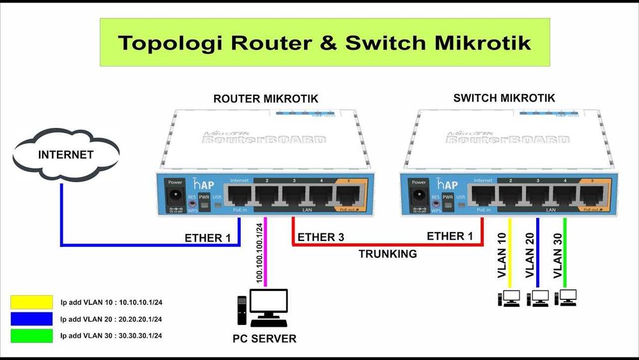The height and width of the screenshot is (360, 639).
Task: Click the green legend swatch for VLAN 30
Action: [31, 335]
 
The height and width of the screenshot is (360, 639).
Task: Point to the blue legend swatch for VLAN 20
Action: [31, 318]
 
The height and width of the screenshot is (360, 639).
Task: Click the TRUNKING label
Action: [387, 254]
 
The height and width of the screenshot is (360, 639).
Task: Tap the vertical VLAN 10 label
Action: [502, 255]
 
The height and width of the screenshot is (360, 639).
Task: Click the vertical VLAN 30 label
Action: [558, 255]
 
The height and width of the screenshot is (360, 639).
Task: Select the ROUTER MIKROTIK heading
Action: [265, 99]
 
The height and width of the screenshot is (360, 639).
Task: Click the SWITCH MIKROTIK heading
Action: [504, 98]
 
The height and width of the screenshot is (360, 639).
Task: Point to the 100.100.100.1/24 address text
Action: [259, 253]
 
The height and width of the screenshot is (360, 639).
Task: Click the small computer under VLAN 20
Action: [538, 298]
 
